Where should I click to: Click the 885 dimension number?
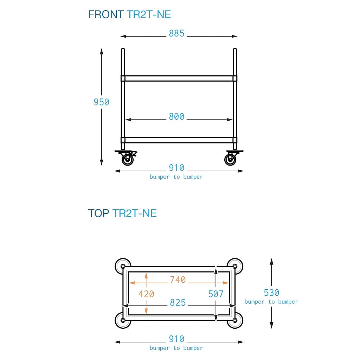[x=176, y=33]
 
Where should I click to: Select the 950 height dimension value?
[x=101, y=102]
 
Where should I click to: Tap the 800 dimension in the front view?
[x=176, y=117]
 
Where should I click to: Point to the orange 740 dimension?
[x=178, y=280]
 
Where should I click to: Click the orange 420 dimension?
[x=146, y=294]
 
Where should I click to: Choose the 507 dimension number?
[x=216, y=294]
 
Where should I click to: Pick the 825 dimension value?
[x=178, y=303]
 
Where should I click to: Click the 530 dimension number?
[x=271, y=292]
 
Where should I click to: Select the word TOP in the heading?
[x=99, y=213]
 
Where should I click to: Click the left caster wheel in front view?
[x=127, y=160]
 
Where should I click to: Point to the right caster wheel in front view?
[x=230, y=160]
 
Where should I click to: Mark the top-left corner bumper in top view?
[x=122, y=266]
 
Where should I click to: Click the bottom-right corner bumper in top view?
[x=235, y=320]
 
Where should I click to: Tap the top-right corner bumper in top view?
[x=235, y=266]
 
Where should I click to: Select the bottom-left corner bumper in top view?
[x=122, y=320]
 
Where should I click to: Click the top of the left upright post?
[x=123, y=50]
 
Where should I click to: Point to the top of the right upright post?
[x=235, y=50]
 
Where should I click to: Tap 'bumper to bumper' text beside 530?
[x=271, y=302]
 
